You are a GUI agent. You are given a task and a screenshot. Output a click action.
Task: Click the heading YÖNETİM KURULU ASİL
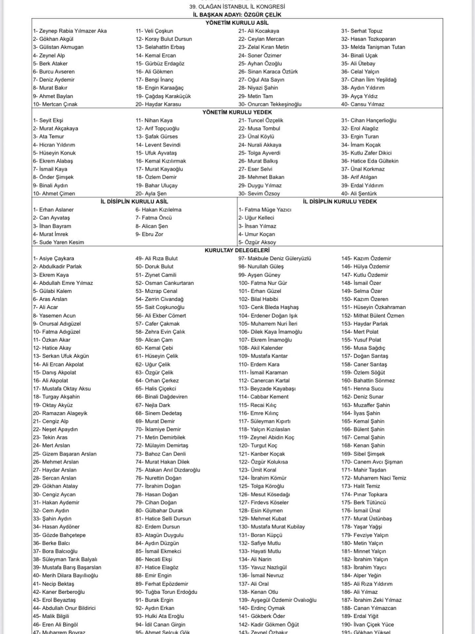coord(237,23)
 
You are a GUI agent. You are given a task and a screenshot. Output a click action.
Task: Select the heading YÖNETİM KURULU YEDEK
coord(237,112)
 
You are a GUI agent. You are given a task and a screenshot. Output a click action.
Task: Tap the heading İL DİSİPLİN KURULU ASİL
coord(134,201)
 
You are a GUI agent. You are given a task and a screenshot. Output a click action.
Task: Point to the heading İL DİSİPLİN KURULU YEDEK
coord(340,201)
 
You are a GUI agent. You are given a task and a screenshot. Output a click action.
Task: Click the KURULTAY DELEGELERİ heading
coord(237,250)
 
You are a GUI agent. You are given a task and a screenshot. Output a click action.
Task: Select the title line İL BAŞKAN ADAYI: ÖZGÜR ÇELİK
coord(237,15)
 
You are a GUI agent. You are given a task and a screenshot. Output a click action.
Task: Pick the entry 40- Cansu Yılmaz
coord(363,104)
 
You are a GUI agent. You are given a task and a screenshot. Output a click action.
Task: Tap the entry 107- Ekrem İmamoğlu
coord(265,340)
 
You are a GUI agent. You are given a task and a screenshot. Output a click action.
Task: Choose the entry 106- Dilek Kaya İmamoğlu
coord(270,332)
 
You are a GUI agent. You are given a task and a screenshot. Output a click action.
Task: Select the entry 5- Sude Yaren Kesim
coord(58,242)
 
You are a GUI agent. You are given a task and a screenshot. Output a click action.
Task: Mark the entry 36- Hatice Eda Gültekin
coord(370,161)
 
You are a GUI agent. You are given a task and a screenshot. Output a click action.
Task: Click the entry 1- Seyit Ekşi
coord(48,121)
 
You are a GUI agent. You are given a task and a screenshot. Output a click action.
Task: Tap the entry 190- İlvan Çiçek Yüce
coord(367,624)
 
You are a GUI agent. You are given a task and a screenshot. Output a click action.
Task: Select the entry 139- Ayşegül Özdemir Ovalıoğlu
coord(277,600)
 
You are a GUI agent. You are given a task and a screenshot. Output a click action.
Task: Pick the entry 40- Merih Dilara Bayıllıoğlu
coord(65,576)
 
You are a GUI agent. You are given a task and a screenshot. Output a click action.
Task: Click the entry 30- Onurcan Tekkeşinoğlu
coord(270,104)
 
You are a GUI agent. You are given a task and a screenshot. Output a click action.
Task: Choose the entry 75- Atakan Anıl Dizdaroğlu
coord(168,470)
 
